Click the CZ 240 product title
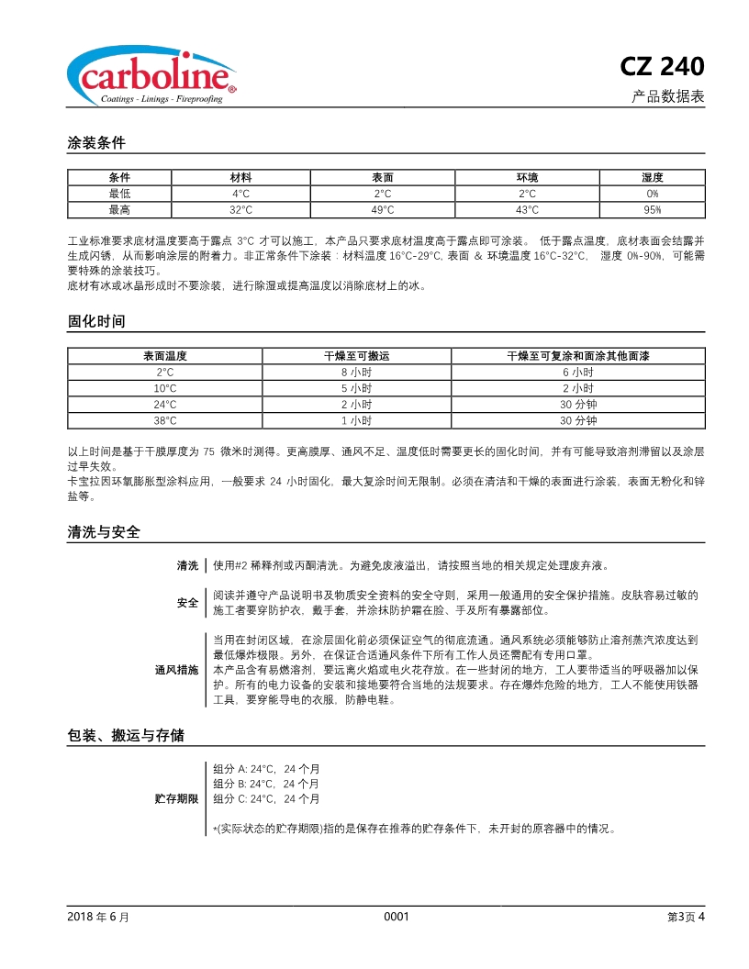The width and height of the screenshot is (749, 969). tap(662, 67)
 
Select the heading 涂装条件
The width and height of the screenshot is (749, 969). tap(96, 143)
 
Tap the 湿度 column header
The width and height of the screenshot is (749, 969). tap(652, 177)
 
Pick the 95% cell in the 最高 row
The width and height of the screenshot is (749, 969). tap(652, 210)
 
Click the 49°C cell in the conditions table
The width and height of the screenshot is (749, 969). tap(383, 210)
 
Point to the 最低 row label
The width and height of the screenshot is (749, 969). tap(119, 194)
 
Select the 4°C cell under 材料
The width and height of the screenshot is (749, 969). tap(241, 194)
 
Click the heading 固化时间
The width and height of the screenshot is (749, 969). tap(96, 321)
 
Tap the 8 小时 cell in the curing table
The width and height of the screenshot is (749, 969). tap(356, 373)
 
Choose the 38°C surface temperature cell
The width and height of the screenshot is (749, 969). tap(165, 420)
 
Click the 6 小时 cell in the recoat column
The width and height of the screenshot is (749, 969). tap(578, 373)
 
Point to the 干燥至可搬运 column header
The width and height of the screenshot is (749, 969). tap(356, 356)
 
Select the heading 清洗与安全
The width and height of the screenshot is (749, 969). tap(104, 532)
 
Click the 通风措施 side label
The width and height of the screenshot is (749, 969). tap(176, 670)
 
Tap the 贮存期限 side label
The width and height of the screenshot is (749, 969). tap(176, 798)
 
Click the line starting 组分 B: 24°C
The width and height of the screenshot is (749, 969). tap(266, 784)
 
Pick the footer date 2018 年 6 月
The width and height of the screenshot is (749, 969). tap(98, 916)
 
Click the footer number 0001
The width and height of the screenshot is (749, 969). tap(396, 916)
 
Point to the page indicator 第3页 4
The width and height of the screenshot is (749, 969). tap(686, 916)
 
